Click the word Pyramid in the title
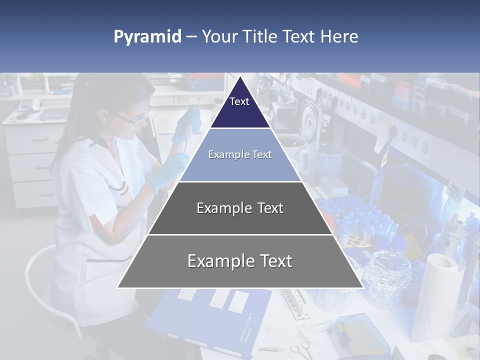pyautogui.click(x=147, y=37)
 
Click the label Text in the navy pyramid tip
pyautogui.click(x=239, y=101)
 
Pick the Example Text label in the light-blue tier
pyautogui.click(x=240, y=154)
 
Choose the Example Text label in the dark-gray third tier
pyautogui.click(x=240, y=208)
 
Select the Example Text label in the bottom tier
pyautogui.click(x=240, y=261)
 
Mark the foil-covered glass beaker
pyautogui.click(x=385, y=272)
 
